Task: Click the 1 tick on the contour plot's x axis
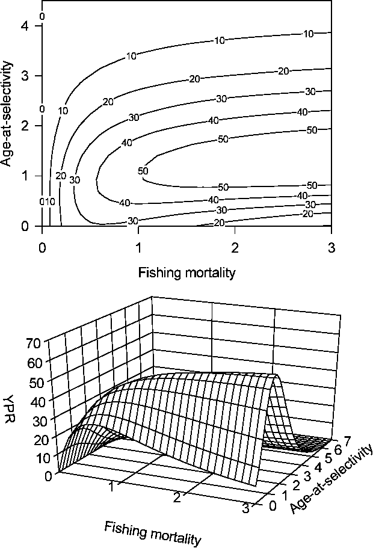coord(138,247)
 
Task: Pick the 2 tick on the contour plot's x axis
coord(235,247)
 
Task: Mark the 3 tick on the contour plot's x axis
coord(331,247)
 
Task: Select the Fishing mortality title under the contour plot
coord(186,272)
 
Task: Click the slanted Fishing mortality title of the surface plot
coord(152,533)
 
